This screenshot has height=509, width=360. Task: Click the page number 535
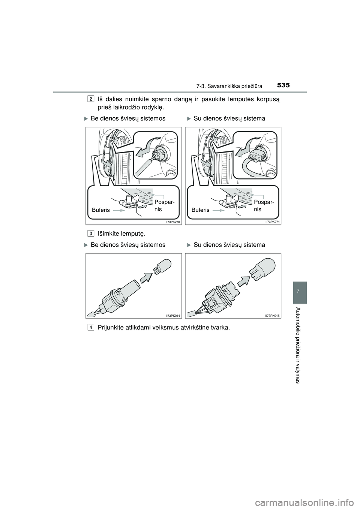coord(284,85)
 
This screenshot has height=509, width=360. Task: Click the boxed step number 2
coord(91,99)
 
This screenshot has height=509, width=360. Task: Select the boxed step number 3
coord(91,233)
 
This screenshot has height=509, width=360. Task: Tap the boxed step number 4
coord(91,327)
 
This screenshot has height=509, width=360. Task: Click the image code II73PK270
coord(173,222)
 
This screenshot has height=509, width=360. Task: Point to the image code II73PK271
coord(273,222)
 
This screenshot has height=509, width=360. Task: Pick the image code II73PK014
coord(173,316)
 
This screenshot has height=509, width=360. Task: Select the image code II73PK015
coord(273,316)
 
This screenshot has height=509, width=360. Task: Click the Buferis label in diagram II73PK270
coord(101,210)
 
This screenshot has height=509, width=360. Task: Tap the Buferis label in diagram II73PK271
coord(201,210)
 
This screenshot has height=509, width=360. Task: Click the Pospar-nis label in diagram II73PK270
coord(163,205)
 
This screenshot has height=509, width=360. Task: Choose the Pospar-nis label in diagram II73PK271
coord(263,205)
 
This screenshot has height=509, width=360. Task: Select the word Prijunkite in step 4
coord(112,327)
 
